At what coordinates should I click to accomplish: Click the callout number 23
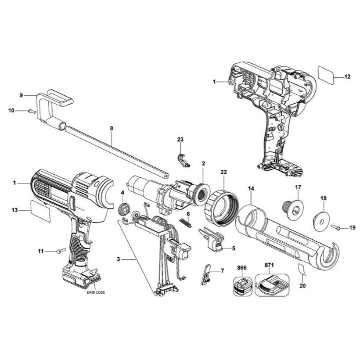[180, 139]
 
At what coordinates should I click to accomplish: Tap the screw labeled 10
[32, 111]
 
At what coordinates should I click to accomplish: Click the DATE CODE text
[95, 293]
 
